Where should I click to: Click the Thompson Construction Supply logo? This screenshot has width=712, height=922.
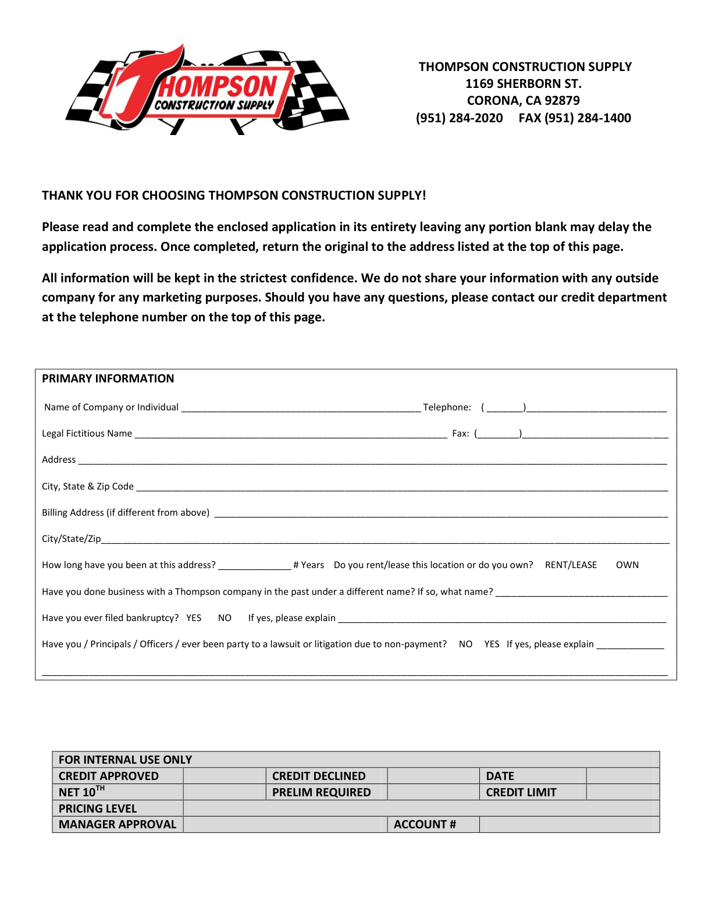point(208,90)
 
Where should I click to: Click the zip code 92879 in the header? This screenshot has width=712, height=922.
point(562,101)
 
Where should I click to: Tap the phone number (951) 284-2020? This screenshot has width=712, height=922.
point(459,118)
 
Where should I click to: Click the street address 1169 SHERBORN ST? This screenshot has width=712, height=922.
point(523,84)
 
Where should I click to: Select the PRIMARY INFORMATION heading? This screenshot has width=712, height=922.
point(108,379)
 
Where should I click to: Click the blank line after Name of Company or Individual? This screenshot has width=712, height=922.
point(300,407)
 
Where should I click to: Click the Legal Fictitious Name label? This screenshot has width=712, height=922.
point(87,434)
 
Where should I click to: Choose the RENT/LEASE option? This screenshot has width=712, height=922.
point(571,565)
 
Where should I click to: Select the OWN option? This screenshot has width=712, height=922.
point(627,565)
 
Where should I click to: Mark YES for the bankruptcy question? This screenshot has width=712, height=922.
point(194,618)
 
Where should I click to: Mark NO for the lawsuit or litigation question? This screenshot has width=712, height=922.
point(465,644)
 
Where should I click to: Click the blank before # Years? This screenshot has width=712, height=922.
point(254,565)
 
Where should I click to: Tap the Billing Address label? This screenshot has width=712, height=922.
point(125,513)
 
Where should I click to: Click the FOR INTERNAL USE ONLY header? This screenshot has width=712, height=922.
point(125,760)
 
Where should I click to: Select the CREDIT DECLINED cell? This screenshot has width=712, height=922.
point(319,776)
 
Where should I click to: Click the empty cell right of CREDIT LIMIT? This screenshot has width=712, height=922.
point(622,792)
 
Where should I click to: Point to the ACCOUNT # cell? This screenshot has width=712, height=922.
point(425,825)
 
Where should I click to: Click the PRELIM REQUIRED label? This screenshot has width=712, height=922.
point(321,792)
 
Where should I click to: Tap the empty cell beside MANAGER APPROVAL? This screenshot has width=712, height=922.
point(285,825)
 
